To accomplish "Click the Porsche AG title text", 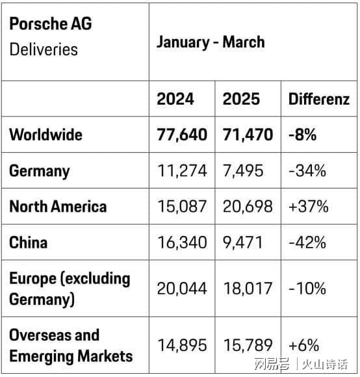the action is (x=51, y=23).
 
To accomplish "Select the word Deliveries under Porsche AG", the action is (x=44, y=49).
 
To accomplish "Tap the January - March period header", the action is (x=211, y=42).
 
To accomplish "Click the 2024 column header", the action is (x=175, y=99).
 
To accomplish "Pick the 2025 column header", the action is (x=241, y=99).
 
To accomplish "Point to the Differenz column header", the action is (x=319, y=99).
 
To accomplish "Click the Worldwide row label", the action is (x=45, y=135).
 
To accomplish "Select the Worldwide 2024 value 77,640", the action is (x=182, y=135).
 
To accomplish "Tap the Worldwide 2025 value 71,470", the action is (x=248, y=135).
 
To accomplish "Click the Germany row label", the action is (x=40, y=171).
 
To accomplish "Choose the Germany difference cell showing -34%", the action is (x=307, y=170).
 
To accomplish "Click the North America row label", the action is (x=58, y=207).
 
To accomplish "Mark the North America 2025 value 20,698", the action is (x=248, y=207).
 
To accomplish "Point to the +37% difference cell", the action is (x=308, y=207).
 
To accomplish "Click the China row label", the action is (x=28, y=242).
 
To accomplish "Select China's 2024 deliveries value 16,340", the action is (x=182, y=242).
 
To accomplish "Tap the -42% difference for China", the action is (x=307, y=242).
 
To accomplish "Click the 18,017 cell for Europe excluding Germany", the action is (x=248, y=289).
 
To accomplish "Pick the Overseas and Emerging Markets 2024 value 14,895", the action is (x=182, y=345).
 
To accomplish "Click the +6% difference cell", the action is (x=303, y=345).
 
